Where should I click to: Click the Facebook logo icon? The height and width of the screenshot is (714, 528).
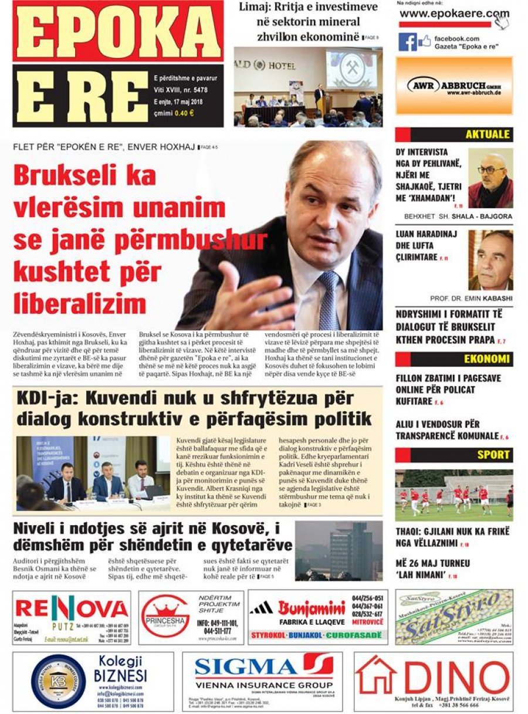[408, 42]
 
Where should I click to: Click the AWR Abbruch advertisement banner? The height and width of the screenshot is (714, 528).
[454, 86]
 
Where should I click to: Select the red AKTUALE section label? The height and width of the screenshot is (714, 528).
[487, 134]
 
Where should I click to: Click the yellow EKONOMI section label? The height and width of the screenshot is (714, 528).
[487, 358]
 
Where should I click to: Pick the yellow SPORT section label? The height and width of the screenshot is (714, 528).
[492, 455]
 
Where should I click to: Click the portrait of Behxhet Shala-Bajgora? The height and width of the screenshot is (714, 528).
[490, 178]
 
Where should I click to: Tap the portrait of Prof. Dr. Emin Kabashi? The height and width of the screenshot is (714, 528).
[490, 259]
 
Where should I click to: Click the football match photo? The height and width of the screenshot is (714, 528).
[453, 495]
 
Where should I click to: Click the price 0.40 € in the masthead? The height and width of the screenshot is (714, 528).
[180, 113]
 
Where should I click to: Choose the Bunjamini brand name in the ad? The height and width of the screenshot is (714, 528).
[312, 607]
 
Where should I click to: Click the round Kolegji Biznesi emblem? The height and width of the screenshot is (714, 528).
[58, 681]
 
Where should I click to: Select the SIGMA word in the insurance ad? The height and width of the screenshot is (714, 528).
[246, 668]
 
